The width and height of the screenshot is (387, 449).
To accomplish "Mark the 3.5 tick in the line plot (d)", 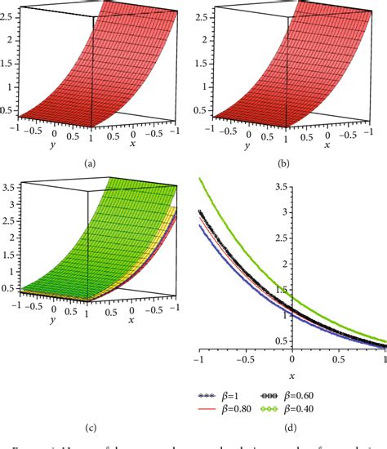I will click(x=189, y=188).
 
